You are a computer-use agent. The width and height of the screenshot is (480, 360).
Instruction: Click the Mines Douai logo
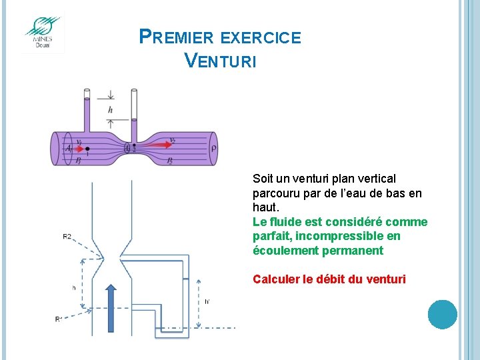point(43,33)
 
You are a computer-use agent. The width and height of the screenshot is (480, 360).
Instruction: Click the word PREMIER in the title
point(177,37)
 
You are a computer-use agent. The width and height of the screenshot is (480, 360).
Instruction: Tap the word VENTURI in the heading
point(219,61)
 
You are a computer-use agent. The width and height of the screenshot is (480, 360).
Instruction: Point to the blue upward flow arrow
point(111,308)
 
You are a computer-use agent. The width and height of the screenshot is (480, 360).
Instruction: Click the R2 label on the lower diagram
point(67,237)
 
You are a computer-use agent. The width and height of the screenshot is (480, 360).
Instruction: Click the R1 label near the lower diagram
point(59,319)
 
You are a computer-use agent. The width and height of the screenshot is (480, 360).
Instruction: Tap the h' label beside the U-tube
point(207,301)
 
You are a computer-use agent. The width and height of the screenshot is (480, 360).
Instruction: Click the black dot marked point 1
point(87,149)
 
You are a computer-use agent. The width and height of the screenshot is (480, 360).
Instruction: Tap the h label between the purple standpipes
point(110,109)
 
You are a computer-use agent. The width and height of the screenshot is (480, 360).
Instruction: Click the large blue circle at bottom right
point(442,314)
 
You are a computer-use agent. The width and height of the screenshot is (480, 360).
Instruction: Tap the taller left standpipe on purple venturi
point(86,113)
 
